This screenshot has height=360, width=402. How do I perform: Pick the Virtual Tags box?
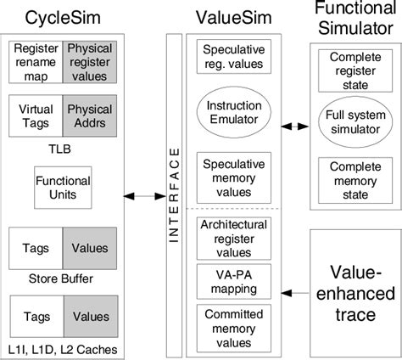[36, 115]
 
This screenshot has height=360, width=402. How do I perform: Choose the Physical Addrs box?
[89, 115]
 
